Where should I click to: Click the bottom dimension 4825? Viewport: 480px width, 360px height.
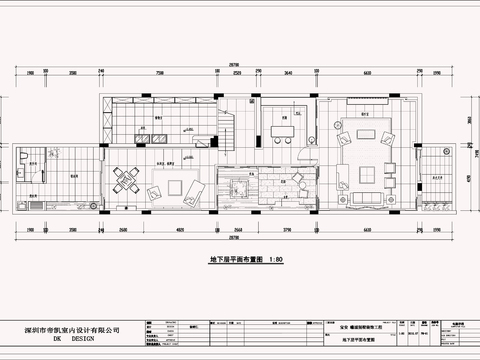(x=178, y=229)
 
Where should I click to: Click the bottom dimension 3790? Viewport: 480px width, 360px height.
(x=285, y=229)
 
